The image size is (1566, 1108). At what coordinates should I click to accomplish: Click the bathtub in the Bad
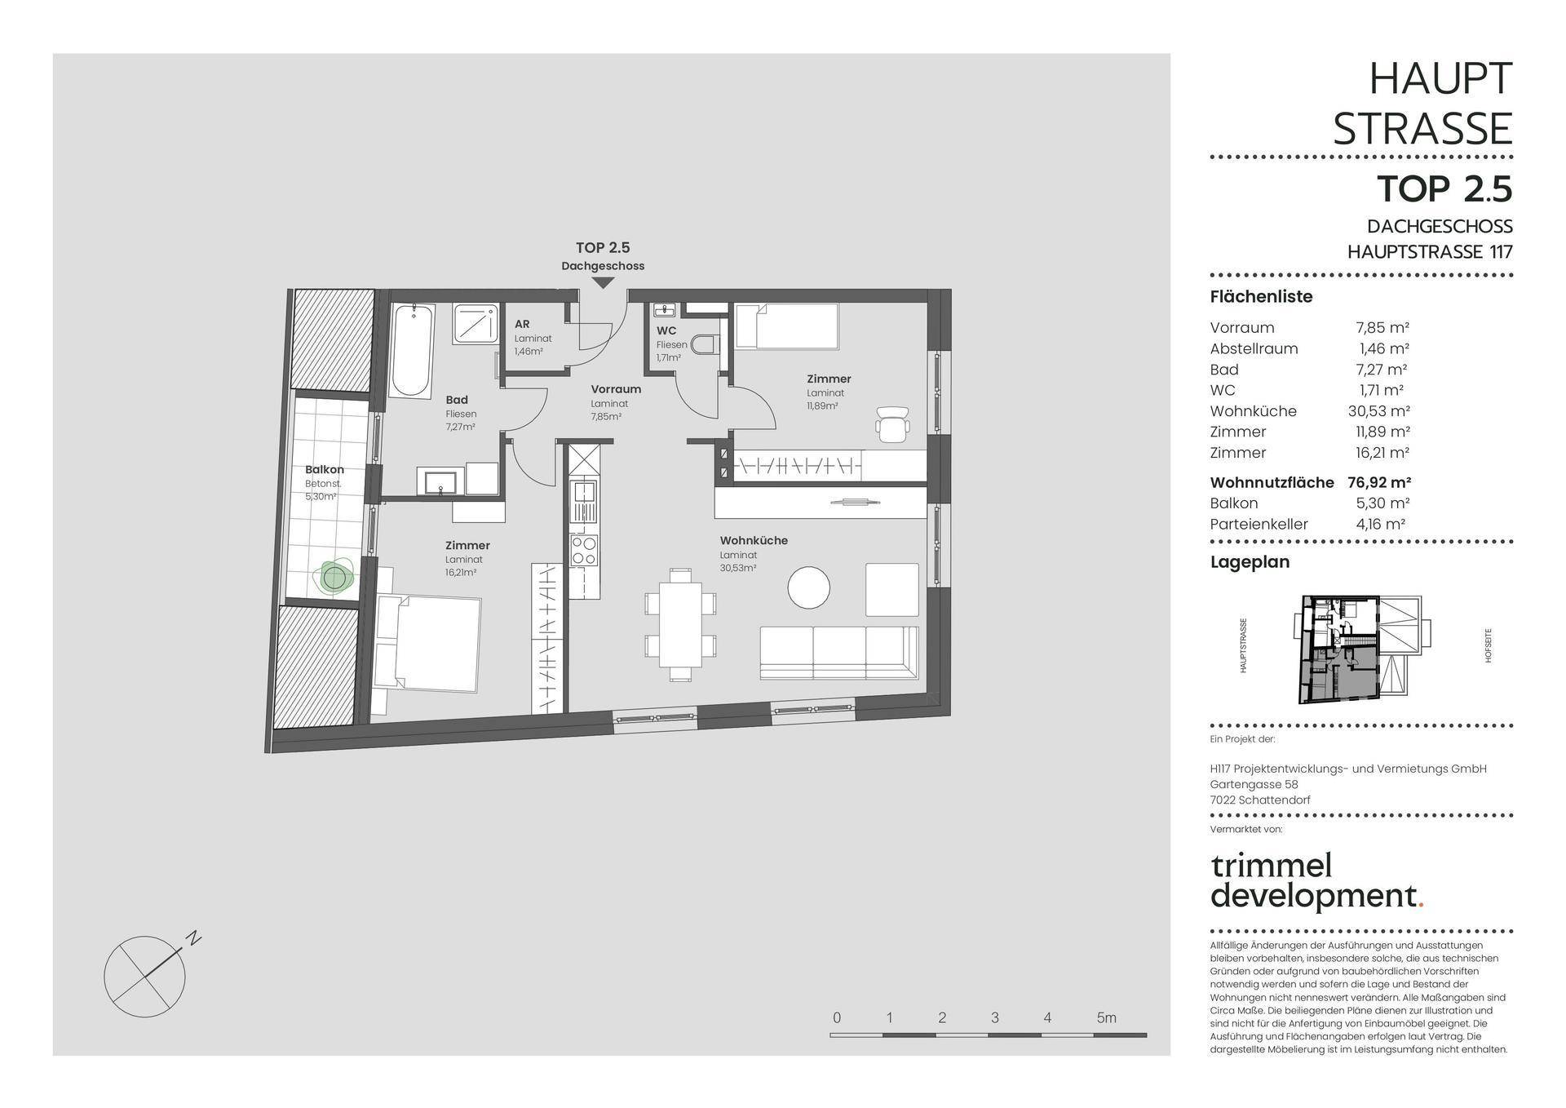[x=412, y=351]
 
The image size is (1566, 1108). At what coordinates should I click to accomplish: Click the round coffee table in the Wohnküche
[x=809, y=587]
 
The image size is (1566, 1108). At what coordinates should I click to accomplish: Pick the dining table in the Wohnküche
[x=680, y=625]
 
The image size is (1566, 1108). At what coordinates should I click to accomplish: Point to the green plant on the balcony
[x=334, y=577]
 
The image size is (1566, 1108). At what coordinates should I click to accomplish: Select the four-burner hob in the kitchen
[x=584, y=550]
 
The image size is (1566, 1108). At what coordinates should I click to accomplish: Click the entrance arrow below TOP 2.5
[x=603, y=283]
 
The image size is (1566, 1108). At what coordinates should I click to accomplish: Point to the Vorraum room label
[x=616, y=389]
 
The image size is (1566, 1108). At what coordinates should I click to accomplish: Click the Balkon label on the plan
[x=325, y=470]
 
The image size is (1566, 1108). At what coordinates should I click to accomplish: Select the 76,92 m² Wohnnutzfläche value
[x=1379, y=482]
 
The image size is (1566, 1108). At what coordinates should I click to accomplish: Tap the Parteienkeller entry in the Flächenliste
[x=1259, y=525]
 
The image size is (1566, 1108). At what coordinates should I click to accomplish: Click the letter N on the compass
[x=193, y=938]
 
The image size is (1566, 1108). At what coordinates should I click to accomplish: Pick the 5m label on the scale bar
[x=1106, y=1017]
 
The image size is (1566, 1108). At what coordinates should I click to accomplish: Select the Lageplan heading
[x=1250, y=562]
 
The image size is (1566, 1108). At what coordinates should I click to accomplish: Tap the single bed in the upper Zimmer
[x=786, y=326]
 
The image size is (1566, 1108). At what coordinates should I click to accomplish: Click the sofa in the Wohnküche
[x=839, y=653]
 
